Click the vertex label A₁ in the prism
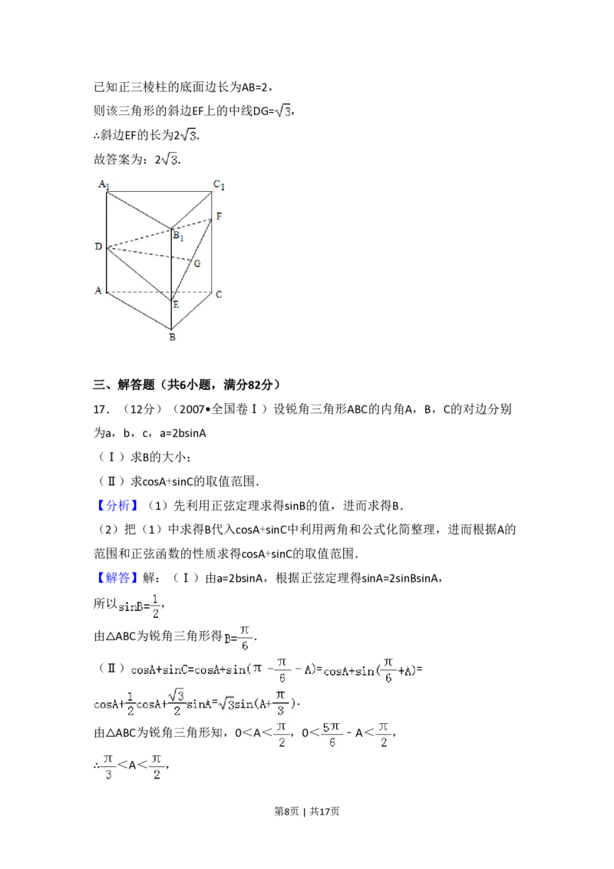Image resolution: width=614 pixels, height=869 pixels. tap(103, 185)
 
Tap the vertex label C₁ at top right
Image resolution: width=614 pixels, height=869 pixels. tap(220, 184)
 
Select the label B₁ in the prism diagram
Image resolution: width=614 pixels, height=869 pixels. tap(178, 236)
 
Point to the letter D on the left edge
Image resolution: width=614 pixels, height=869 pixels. tap(98, 246)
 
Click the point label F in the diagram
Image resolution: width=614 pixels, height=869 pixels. tap(219, 216)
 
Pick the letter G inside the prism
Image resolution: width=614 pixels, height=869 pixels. tap(197, 263)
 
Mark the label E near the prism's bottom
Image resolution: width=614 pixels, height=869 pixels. tap(176, 305)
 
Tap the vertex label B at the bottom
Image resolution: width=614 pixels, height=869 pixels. tap(172, 336)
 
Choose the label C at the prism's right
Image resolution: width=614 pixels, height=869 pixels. tap(219, 294)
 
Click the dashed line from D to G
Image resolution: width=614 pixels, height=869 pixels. tap(150, 255)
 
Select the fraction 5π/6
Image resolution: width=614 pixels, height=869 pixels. tap(330, 734)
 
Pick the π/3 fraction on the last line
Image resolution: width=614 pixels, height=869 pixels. tap(108, 766)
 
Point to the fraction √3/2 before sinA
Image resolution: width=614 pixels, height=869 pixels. tap(176, 702)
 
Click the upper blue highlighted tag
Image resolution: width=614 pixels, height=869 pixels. tap(119, 506)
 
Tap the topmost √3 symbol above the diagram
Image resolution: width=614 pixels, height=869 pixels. tap(282, 112)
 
